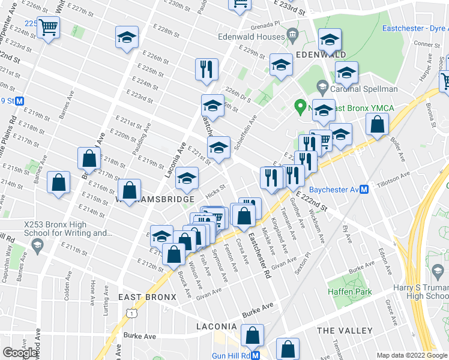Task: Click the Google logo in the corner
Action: (x=20, y=353)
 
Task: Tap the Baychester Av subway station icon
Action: (x=363, y=190)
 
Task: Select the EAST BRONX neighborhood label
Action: (x=147, y=297)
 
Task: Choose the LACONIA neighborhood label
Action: (x=217, y=326)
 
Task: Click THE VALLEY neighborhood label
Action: (x=344, y=331)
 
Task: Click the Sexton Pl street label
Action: (x=301, y=263)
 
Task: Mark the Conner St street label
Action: (x=427, y=44)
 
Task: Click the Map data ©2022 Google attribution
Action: (x=412, y=355)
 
